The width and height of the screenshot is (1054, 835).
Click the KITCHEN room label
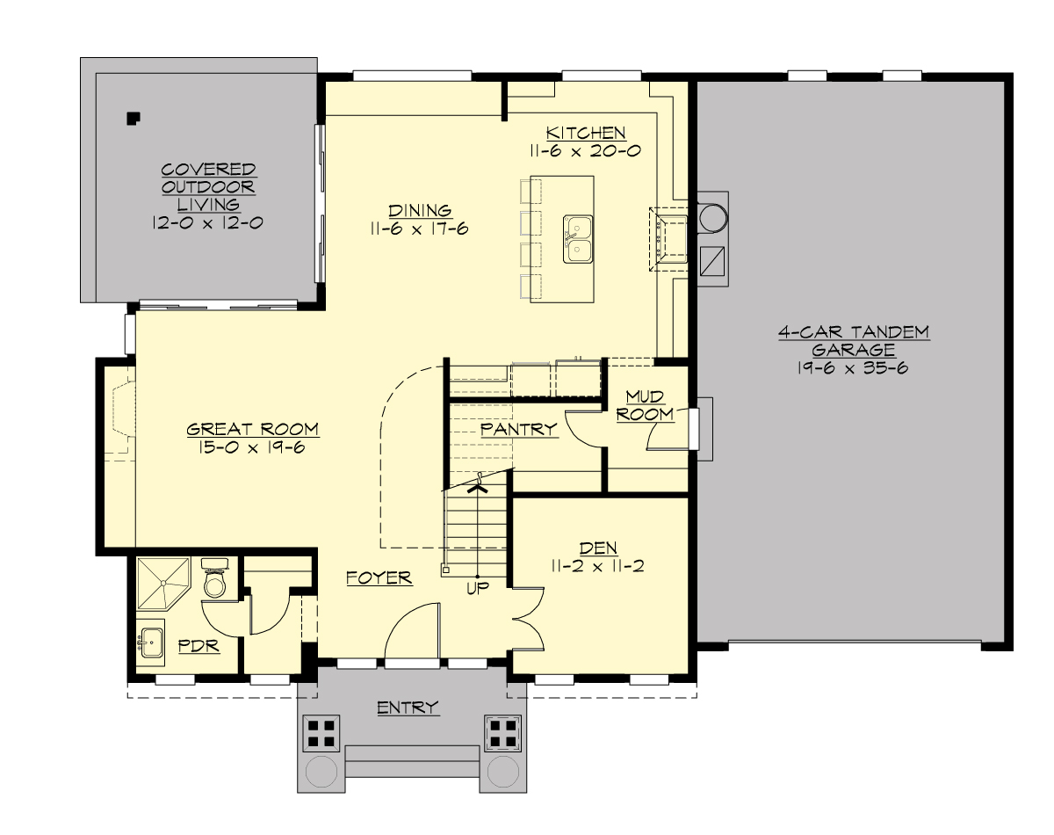pos(586,133)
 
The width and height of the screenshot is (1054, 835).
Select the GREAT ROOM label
pos(252,429)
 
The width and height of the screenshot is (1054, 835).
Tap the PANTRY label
pos(519,429)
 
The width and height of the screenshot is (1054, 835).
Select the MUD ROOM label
pos(644,405)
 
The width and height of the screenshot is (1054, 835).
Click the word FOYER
pos(379,577)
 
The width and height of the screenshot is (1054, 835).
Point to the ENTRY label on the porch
pos(408,708)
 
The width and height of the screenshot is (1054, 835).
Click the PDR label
pos(198,646)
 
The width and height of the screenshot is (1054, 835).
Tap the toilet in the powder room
pos(215,579)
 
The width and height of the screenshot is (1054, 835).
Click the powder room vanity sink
pos(150,643)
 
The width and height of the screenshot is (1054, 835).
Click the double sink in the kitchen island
pos(577,239)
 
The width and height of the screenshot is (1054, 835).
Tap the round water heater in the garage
pos(711,214)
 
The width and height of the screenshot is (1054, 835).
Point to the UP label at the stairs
pos(478,586)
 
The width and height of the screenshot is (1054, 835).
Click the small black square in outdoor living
pos(133,116)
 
